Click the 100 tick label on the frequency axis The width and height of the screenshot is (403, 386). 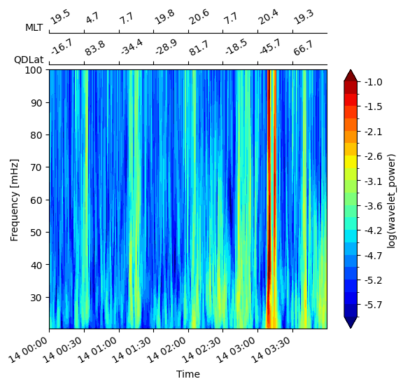coord(33,70)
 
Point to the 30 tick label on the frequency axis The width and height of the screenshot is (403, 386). coord(36,298)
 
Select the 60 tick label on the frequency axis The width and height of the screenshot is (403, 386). coord(36,200)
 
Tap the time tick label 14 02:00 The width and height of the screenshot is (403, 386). coord(167,350)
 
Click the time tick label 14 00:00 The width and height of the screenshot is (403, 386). coord(28,350)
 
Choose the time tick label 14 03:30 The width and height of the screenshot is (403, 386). coord(271,350)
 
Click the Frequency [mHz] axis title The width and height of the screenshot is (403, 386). coord(15,200)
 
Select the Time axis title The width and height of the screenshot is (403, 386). coord(188,374)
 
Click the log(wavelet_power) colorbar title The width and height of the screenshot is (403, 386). coord(391,201)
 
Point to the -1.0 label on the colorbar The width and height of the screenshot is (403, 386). coord(374,83)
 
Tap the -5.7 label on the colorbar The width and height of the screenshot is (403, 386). coord(374,305)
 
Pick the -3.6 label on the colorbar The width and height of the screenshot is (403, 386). coord(374,206)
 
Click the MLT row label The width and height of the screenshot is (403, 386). coord(34,27)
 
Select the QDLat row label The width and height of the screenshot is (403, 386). coord(29,60)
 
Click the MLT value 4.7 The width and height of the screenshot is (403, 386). coord(92,18)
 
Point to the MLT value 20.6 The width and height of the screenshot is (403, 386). coord(199,17)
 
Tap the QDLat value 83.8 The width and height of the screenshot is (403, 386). coord(95,48)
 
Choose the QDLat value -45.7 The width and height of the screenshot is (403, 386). coord(269,47)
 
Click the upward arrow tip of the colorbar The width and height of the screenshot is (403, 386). coord(351,70)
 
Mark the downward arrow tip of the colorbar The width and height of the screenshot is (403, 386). coord(351,329)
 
